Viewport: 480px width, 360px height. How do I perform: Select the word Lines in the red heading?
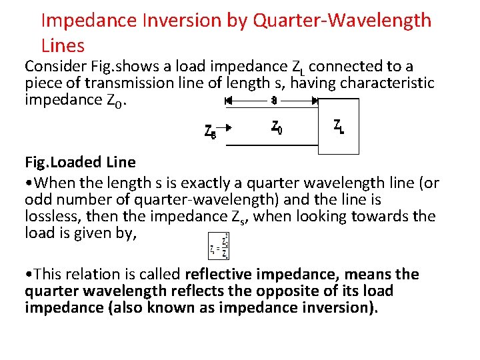coord(63,45)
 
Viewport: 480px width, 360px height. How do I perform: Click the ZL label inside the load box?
coord(339,126)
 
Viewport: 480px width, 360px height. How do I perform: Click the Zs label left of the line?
coord(210,131)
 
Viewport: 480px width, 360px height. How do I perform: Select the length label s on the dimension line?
coord(273,101)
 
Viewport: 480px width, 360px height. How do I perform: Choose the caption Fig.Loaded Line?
coord(80,162)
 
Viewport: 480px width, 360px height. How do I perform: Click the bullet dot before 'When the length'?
coord(27,183)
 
